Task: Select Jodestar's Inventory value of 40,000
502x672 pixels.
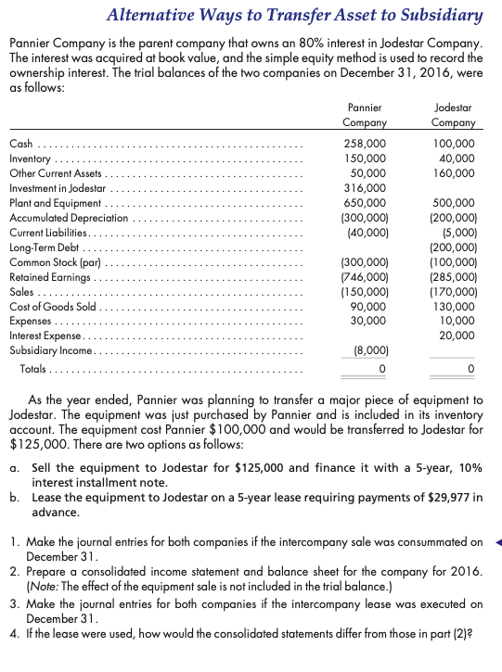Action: tap(457, 158)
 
